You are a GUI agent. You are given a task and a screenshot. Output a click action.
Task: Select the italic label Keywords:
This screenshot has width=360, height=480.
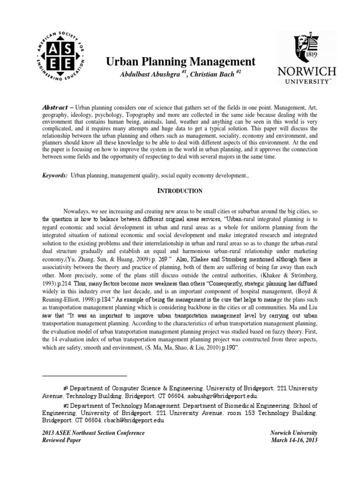coord(55,174)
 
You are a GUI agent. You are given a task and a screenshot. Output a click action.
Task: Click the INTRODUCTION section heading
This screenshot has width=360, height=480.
coord(180,191)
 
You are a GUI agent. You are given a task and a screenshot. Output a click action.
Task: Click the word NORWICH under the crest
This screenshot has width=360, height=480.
coord(307,72)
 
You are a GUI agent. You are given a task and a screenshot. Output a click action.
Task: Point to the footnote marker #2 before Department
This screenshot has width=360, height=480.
coord(66,405)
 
